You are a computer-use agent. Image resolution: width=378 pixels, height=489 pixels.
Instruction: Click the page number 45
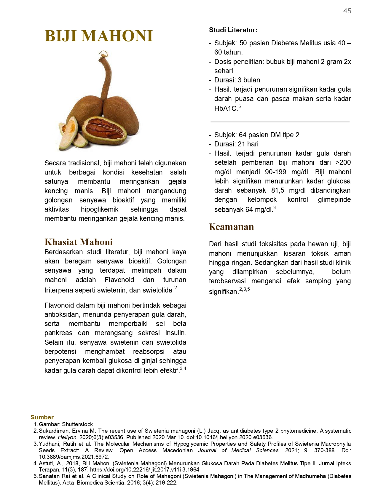[x=347, y=11]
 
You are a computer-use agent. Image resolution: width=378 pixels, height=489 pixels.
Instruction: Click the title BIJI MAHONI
[x=99, y=36]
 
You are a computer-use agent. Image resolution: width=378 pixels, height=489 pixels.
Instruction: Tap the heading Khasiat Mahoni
[x=79, y=242]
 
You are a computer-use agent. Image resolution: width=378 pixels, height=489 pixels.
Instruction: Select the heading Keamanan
[x=231, y=227]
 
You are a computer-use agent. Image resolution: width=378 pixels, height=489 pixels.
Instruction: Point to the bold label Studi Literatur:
[x=233, y=30]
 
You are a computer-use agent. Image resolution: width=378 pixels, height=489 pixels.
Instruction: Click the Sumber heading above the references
[x=42, y=417]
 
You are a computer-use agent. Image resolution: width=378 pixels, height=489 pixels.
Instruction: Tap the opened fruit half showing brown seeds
[x=104, y=130]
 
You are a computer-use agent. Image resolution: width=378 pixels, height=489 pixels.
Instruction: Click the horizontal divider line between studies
[x=280, y=122]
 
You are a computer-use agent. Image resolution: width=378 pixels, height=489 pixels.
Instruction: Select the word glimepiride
[x=334, y=200]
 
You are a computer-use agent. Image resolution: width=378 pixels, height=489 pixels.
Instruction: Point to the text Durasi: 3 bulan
[x=237, y=80]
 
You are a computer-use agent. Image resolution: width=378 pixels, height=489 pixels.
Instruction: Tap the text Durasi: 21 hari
[x=236, y=144]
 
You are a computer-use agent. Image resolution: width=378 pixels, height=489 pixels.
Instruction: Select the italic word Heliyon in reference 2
[x=67, y=437]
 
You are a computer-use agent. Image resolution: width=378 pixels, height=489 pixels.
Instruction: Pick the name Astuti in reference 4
[x=46, y=464]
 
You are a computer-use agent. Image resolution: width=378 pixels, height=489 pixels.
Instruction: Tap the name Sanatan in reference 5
[x=49, y=476]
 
